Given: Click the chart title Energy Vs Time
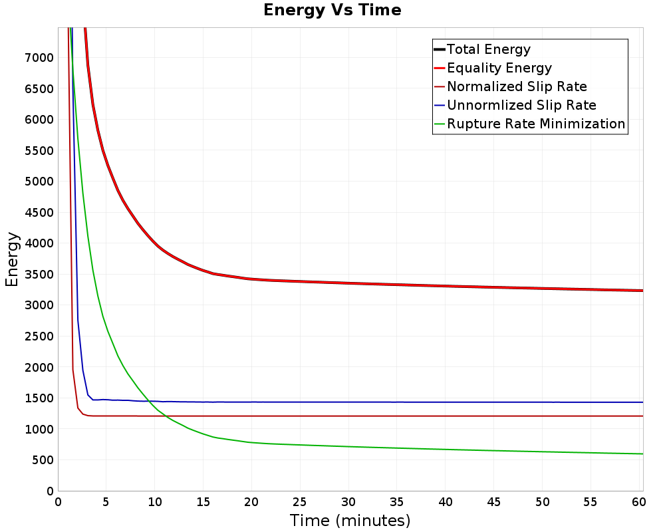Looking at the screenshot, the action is [332, 10].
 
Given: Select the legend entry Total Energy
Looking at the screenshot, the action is [489, 49].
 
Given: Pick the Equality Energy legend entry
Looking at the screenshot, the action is [499, 68].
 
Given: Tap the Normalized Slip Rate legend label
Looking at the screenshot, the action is [517, 86].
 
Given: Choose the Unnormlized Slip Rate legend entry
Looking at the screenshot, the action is [521, 105].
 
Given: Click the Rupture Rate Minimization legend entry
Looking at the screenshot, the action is [536, 124].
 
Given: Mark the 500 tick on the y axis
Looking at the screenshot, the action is [43, 460].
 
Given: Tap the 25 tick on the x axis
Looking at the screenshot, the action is [300, 502].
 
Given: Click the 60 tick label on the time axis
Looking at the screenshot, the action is [638, 502].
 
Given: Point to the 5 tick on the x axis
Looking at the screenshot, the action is [106, 502].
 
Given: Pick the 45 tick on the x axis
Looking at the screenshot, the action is [493, 502].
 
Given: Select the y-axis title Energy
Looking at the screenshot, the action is [12, 259].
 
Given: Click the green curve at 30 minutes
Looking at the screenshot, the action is [348, 446].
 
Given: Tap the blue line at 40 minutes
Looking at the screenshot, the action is [446, 402].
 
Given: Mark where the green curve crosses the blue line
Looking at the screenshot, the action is [148, 401].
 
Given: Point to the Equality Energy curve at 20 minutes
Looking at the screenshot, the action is [251, 279].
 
